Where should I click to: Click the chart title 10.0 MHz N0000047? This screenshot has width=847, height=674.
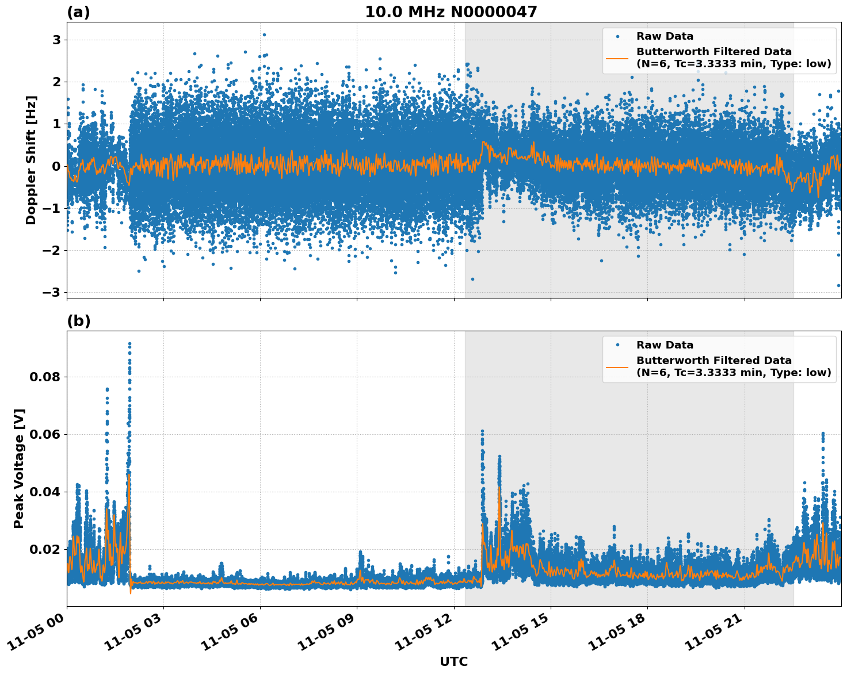[451, 12]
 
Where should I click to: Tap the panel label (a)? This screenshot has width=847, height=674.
[78, 12]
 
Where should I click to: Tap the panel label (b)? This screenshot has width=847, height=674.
[78, 321]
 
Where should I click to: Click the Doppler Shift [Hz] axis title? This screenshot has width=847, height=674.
[31, 160]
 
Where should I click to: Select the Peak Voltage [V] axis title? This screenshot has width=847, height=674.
[19, 469]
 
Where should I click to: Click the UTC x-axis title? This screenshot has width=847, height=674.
[453, 661]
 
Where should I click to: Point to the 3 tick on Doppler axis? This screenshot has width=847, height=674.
[56, 40]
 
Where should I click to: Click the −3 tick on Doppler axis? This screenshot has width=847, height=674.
[51, 292]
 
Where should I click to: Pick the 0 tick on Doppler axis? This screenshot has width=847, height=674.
[56, 166]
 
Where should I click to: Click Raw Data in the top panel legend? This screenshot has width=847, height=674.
[665, 36]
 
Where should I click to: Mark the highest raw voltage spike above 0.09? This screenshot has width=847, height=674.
[129, 344]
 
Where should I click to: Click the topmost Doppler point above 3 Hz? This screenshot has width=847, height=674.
[264, 35]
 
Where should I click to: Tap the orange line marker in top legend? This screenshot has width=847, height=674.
[617, 58]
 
